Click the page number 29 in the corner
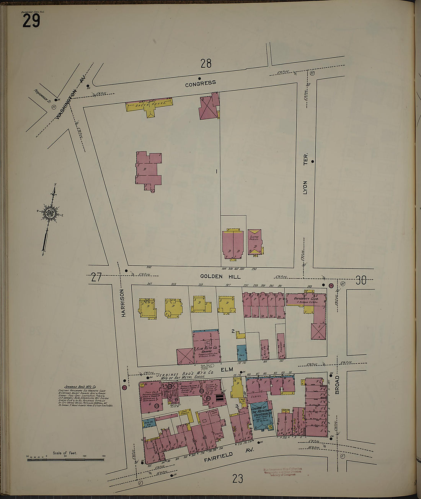point(31,20)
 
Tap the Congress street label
point(200,83)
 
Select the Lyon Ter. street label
point(305,177)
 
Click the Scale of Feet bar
point(66,458)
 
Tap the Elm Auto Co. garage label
point(207,349)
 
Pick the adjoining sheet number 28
point(206,63)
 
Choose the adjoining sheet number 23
point(237,478)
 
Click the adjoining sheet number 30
point(361,281)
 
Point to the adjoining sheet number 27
point(96,277)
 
